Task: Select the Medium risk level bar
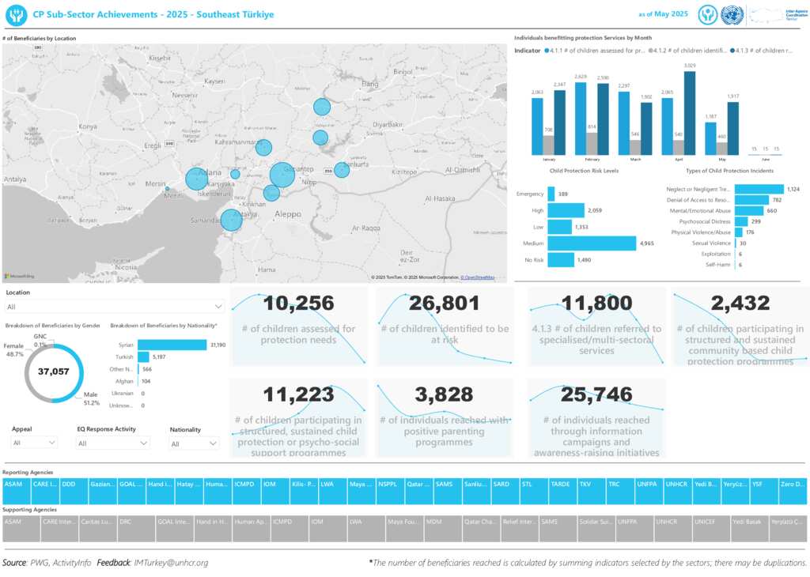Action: tap(591, 243)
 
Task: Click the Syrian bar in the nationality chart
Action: tap(172, 345)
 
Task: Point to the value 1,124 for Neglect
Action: tap(793, 189)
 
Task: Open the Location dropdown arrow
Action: tap(218, 307)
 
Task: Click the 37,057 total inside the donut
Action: tap(54, 371)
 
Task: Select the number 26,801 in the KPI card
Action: tap(445, 304)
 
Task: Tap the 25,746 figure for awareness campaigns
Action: tap(596, 394)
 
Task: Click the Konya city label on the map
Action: tap(88, 126)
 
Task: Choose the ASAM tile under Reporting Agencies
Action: tap(13, 483)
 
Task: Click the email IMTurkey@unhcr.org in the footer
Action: tap(172, 563)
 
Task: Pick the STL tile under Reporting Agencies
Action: tap(532, 483)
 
